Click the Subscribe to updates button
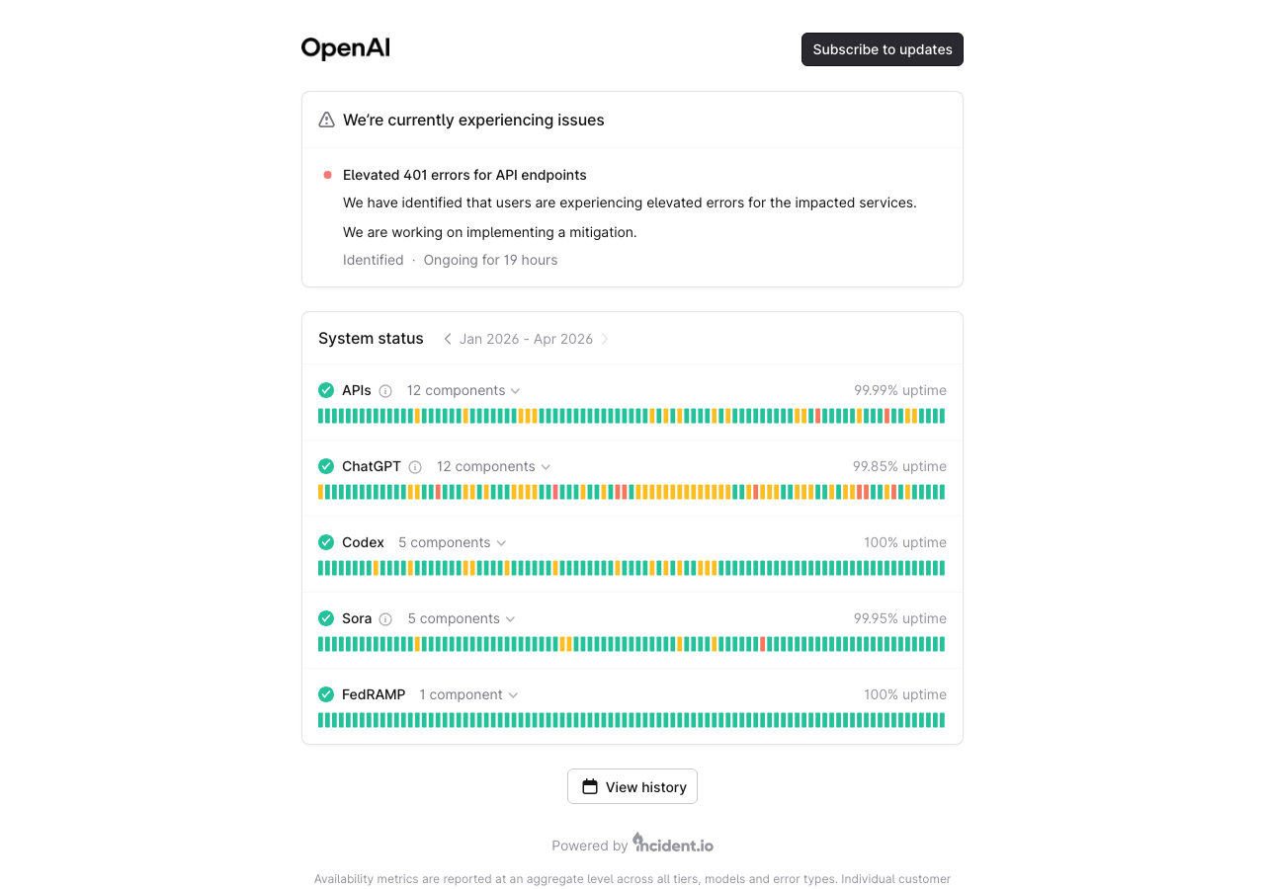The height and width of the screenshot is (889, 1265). (x=882, y=49)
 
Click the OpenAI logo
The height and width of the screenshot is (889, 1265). (x=346, y=48)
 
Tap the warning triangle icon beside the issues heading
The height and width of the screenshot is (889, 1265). (x=326, y=120)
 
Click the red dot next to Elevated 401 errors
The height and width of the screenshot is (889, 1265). (x=327, y=175)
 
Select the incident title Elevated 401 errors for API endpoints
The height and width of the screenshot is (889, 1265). (x=464, y=175)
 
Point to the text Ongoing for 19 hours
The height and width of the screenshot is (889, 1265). (x=490, y=260)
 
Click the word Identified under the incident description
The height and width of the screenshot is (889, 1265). (x=373, y=260)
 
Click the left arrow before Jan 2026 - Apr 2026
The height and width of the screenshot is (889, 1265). (x=447, y=339)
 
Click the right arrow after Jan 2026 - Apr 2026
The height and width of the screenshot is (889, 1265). (x=605, y=339)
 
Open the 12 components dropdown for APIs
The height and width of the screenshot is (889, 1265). (x=463, y=390)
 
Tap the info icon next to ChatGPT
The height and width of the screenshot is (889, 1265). (x=415, y=466)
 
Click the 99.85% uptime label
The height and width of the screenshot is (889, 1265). (x=899, y=466)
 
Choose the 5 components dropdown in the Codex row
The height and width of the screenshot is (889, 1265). (x=452, y=542)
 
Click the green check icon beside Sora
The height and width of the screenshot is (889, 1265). (x=326, y=618)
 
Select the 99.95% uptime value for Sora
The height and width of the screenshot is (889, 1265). (x=899, y=618)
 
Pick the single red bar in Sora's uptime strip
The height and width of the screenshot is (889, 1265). (x=763, y=644)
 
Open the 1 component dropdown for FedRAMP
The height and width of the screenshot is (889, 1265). (x=468, y=694)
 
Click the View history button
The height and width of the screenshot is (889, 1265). (x=632, y=786)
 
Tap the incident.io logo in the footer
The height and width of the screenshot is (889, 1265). (x=673, y=845)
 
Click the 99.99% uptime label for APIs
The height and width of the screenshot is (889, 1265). (x=899, y=390)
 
